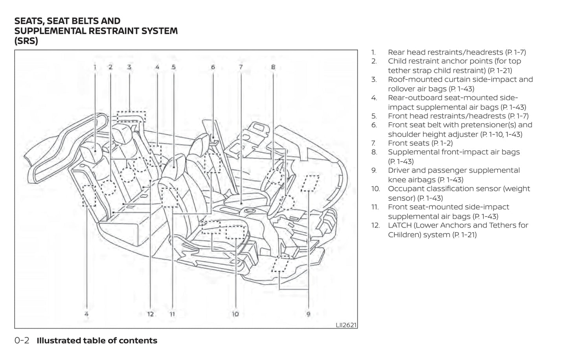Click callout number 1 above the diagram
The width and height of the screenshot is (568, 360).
95,67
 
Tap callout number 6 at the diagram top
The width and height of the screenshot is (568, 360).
213,67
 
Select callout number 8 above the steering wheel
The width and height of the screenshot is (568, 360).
273,67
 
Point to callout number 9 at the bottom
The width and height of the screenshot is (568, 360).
308,314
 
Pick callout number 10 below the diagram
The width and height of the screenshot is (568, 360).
235,314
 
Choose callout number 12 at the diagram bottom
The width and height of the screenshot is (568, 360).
151,314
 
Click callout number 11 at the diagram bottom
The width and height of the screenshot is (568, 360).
172,314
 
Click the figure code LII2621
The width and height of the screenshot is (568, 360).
346,325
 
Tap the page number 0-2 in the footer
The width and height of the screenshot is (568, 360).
22,341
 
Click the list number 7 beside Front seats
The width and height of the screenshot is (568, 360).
373,143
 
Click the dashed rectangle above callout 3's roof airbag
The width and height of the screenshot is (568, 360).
131,116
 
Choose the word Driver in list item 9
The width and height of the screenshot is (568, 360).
399,170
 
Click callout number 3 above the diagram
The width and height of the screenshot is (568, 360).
129,67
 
